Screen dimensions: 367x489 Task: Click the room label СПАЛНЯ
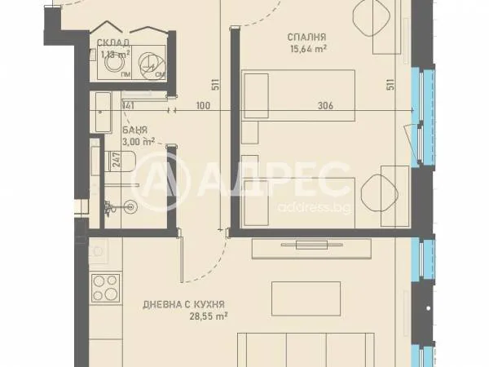tap(307, 36)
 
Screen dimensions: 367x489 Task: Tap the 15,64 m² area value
tap(307, 48)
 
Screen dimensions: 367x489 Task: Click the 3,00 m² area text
tap(138, 140)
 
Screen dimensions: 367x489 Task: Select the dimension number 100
tap(202, 105)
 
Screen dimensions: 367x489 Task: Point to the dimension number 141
tap(127, 105)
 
